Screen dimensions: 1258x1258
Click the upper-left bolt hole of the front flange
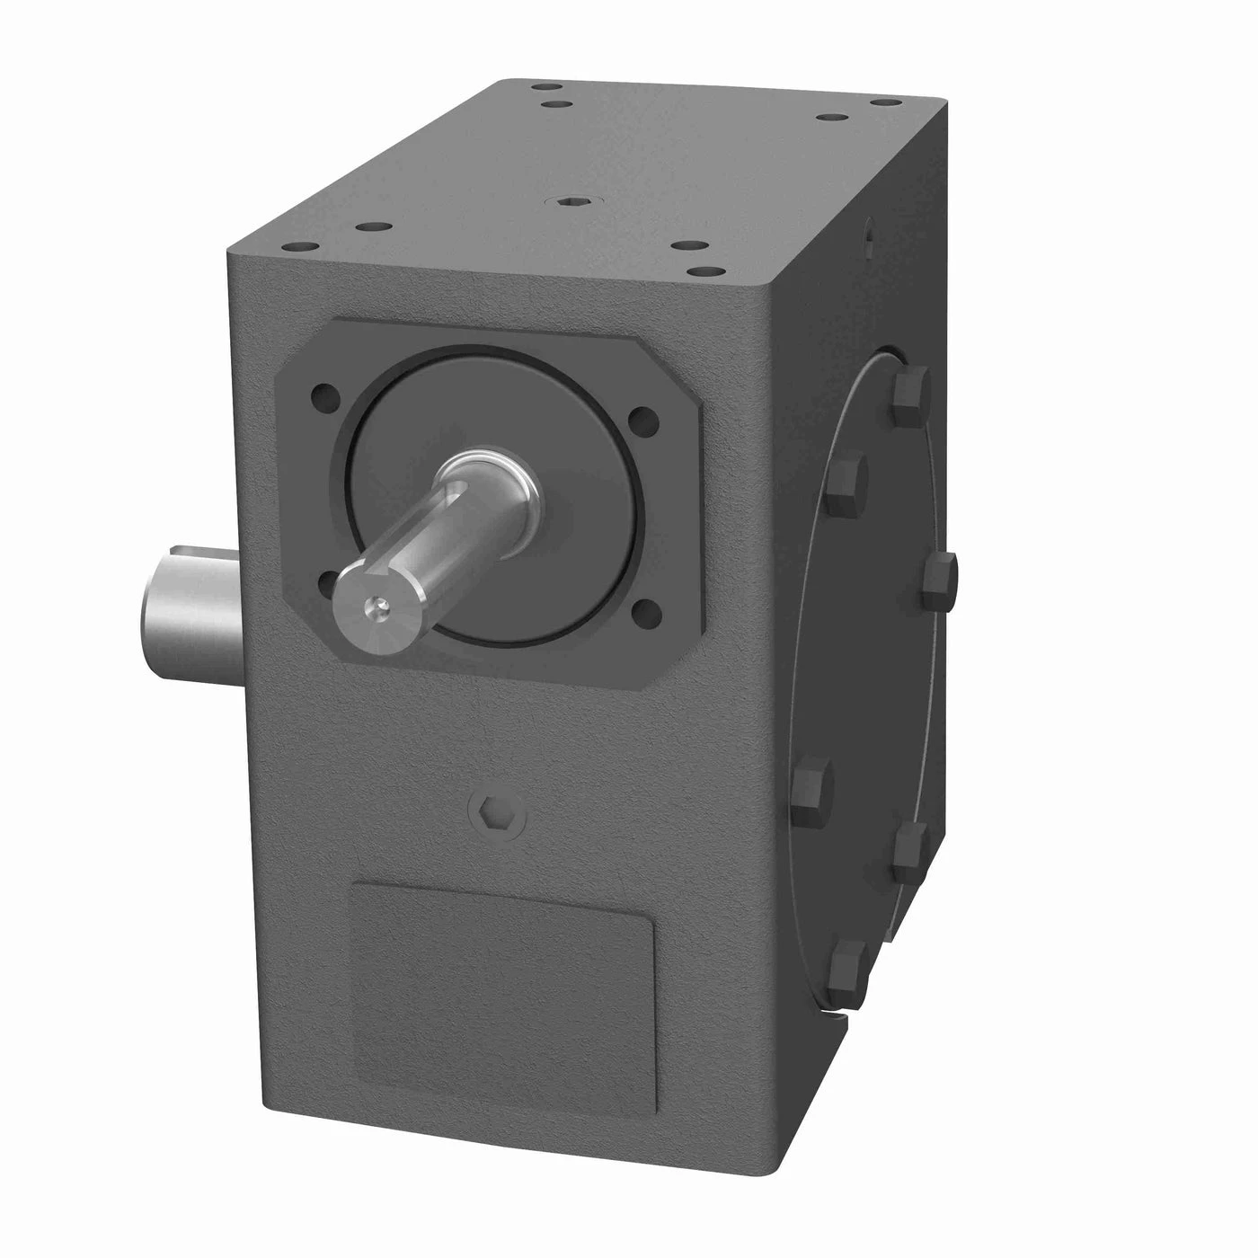(x=322, y=394)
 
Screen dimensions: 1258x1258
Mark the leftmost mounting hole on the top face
(x=295, y=246)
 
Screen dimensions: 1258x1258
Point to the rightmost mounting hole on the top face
(x=879, y=104)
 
